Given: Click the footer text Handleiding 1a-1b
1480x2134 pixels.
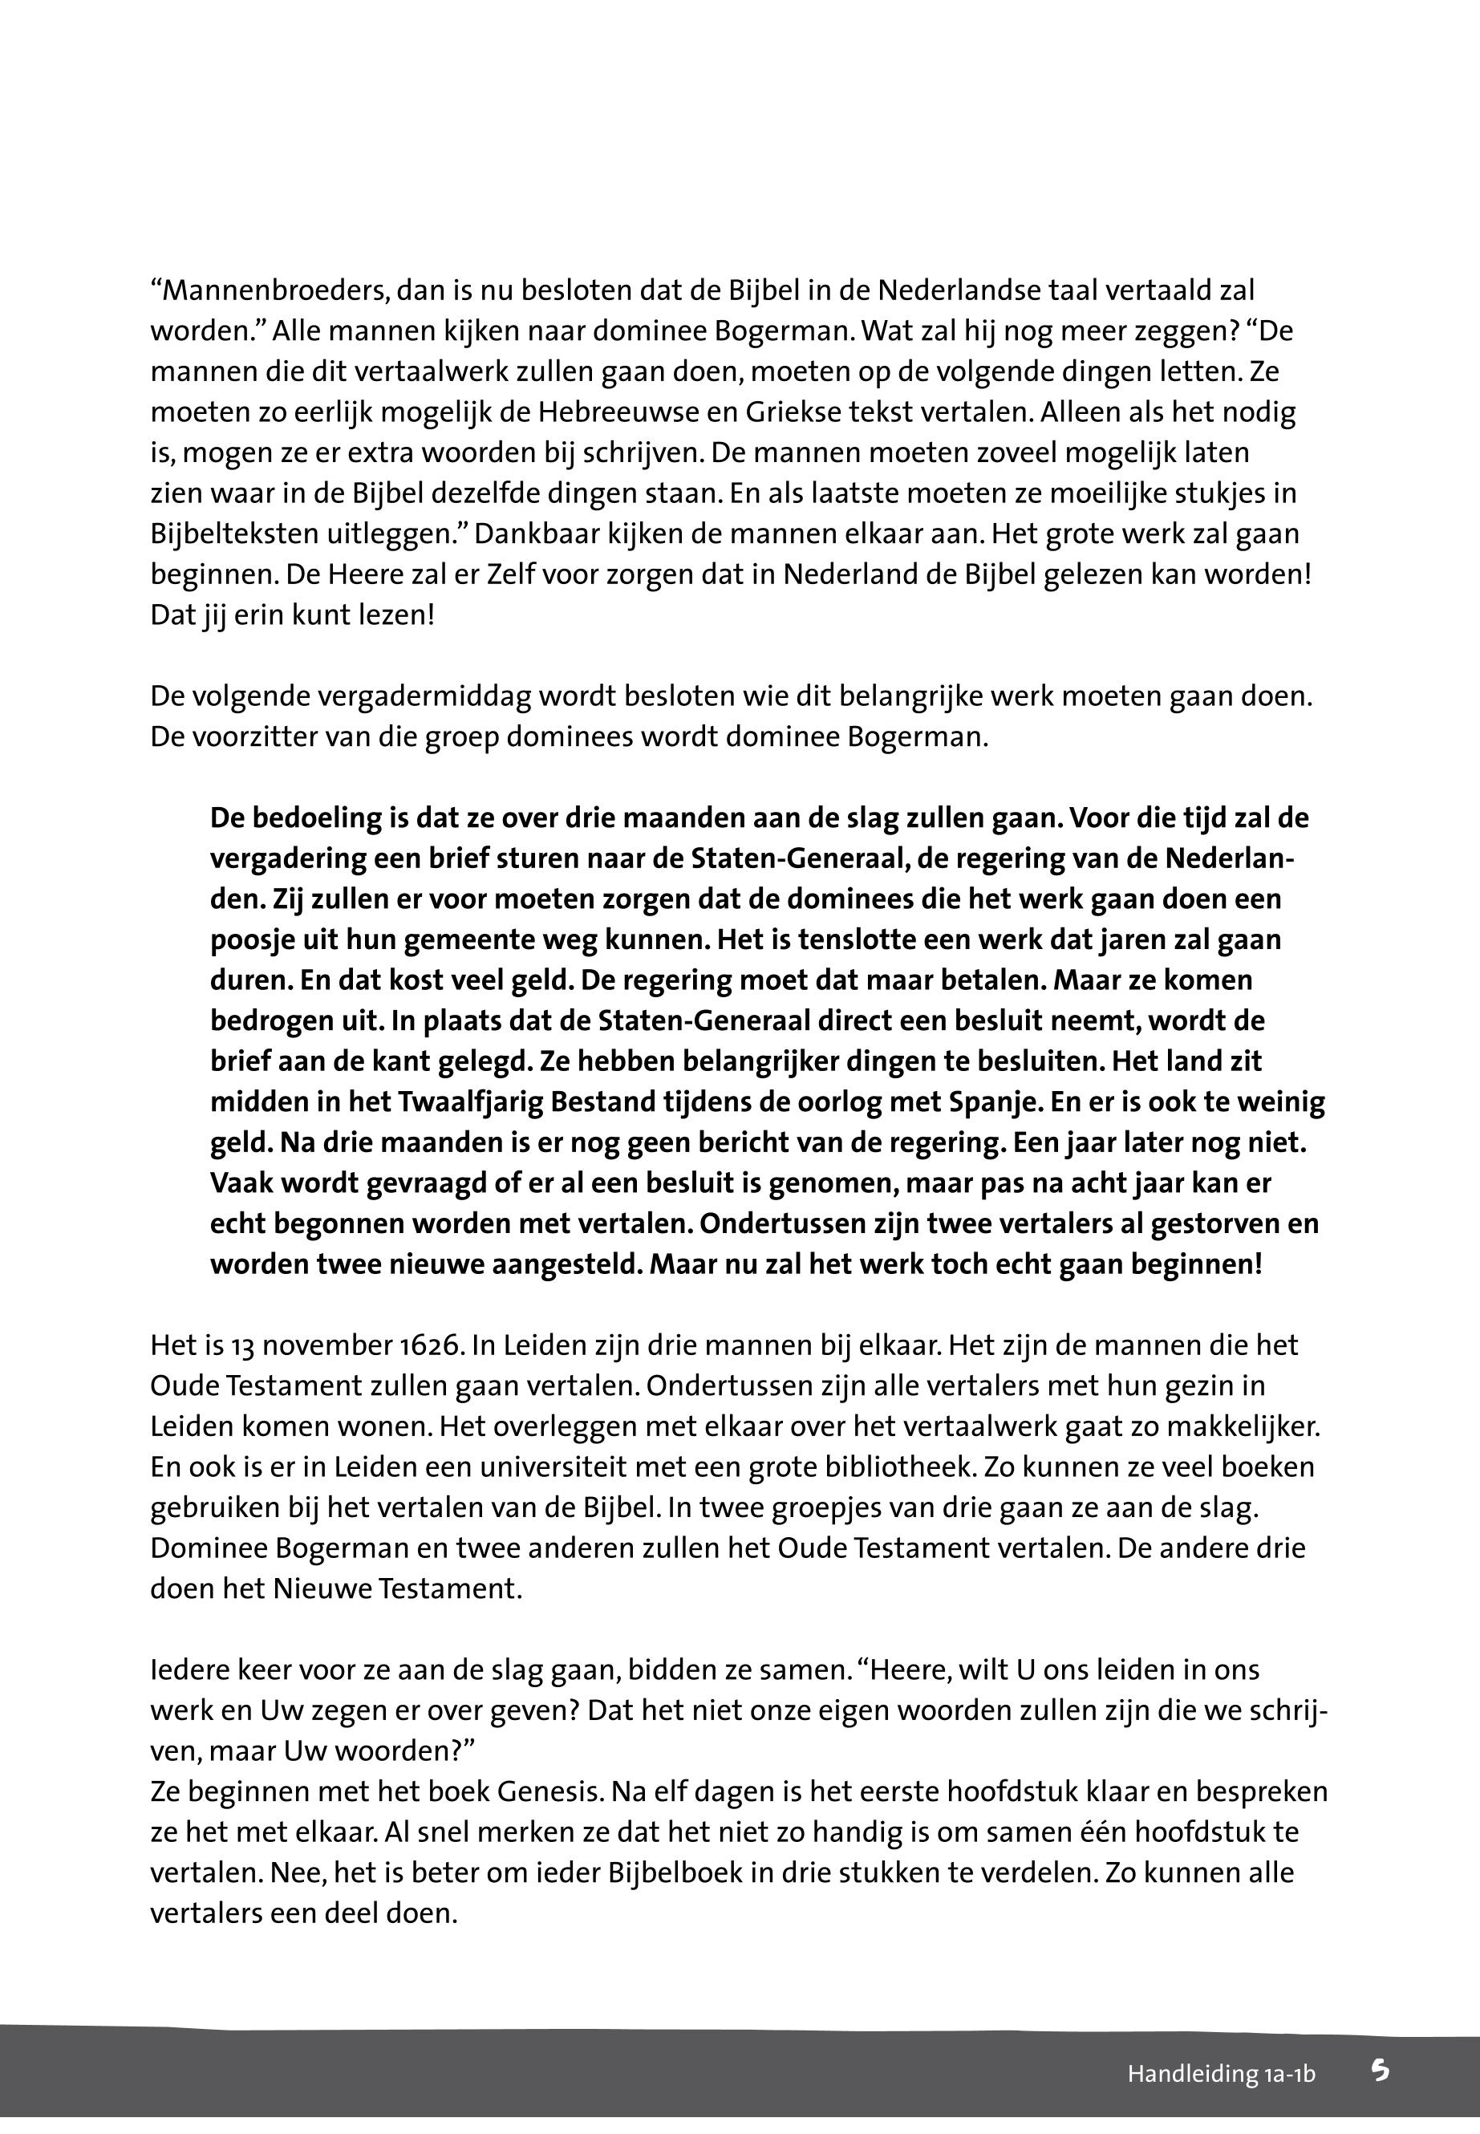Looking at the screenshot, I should point(1221,2074).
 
